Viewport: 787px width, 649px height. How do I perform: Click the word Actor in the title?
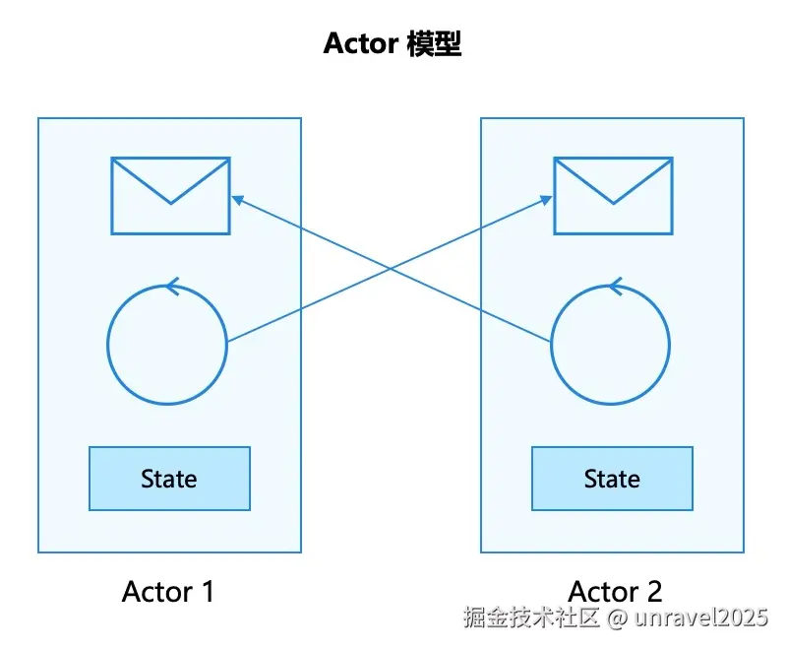(x=361, y=43)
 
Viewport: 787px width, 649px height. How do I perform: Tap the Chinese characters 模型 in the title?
(x=434, y=43)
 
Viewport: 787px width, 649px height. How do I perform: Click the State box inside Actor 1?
(x=169, y=479)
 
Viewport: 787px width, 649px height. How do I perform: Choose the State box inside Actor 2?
(x=612, y=479)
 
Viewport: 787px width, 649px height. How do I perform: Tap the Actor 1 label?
(x=168, y=591)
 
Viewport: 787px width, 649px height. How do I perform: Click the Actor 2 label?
(x=616, y=591)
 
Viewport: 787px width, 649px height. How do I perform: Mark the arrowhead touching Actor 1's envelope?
(x=237, y=200)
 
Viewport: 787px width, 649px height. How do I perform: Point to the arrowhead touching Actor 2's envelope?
(x=546, y=200)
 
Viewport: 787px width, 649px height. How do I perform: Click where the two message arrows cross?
(x=392, y=269)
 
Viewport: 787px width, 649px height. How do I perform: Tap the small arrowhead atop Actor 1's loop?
(x=173, y=287)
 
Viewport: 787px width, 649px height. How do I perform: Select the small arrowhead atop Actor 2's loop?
(x=616, y=287)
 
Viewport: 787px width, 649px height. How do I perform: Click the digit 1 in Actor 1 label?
(x=208, y=591)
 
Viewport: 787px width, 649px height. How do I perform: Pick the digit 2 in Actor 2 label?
(x=654, y=591)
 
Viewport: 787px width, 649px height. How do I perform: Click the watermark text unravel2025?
(x=701, y=617)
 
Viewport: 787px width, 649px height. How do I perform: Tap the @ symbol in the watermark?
(x=618, y=617)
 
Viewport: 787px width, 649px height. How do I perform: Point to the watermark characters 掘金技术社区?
(x=531, y=617)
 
